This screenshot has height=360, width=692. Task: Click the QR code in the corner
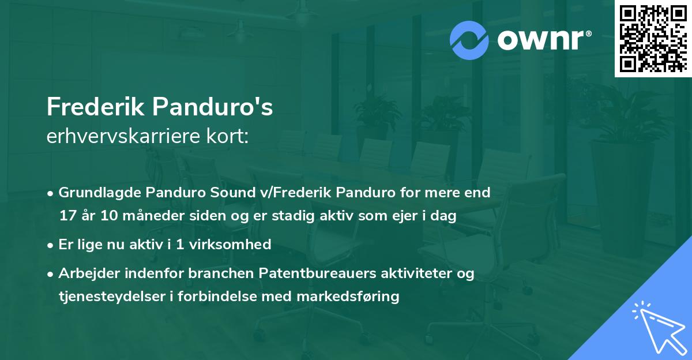[x=652, y=38]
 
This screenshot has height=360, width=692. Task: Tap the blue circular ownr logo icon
[x=469, y=40]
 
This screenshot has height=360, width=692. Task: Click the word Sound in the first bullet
[x=216, y=192]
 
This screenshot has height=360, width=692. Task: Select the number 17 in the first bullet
[x=67, y=216]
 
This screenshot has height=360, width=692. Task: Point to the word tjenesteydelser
[x=102, y=297]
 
